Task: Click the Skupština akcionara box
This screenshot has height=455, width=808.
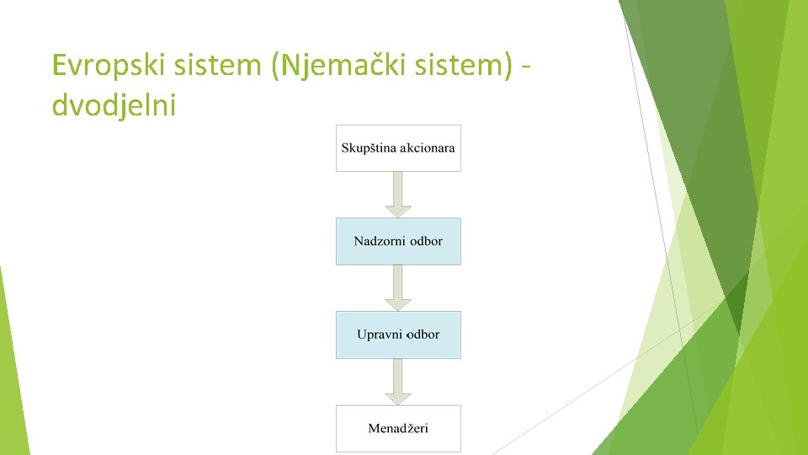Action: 398,148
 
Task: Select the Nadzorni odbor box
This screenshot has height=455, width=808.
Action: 398,241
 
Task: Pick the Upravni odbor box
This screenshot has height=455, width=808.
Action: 398,335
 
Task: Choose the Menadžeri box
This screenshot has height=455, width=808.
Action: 398,428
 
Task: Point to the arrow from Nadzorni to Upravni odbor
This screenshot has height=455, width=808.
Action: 398,287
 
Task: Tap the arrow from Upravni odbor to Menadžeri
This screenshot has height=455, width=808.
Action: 398,381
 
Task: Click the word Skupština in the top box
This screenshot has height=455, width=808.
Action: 369,148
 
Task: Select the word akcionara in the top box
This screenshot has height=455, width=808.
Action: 428,148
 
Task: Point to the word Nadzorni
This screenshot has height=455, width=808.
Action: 378,241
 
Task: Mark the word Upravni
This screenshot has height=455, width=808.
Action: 380,335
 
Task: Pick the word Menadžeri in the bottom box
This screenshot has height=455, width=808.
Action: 398,428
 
